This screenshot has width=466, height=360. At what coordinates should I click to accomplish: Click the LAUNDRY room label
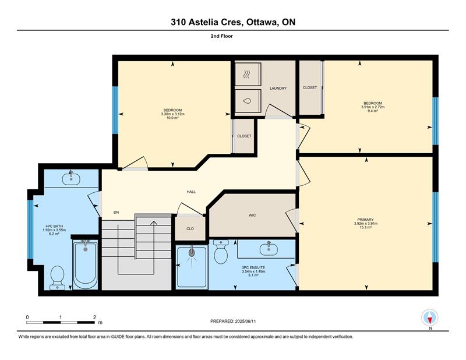coord(278,89)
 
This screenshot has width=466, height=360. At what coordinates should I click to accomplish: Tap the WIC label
coord(252,215)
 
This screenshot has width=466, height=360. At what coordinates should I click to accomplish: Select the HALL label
coord(191,192)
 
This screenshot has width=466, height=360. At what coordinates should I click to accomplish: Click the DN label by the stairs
coord(116,212)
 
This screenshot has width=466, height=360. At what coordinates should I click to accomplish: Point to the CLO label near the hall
coord(190,228)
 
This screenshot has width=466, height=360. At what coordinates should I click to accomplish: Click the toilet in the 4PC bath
coord(57,277)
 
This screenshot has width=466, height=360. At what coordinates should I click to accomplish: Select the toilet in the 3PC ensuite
coord(221,252)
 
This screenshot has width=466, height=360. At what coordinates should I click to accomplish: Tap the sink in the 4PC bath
coord(71,179)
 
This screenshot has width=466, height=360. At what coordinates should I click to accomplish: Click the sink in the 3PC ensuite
coord(269,249)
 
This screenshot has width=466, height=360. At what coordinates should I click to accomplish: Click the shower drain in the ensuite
coord(192,253)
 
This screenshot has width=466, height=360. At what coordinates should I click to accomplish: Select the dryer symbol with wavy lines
coord(246,75)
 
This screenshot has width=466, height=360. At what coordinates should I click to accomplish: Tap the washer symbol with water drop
coord(247,101)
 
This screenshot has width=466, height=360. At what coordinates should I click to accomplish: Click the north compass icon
coord(430,317)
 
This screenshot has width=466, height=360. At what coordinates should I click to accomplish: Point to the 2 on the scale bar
coord(94,317)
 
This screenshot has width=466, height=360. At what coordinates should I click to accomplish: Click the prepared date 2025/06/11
coord(245,322)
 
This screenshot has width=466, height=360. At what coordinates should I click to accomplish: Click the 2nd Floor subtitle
coord(222,36)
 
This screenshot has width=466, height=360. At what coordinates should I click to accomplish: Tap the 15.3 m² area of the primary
coord(366,227)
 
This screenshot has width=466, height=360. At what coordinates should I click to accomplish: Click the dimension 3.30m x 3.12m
coord(172,114)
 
